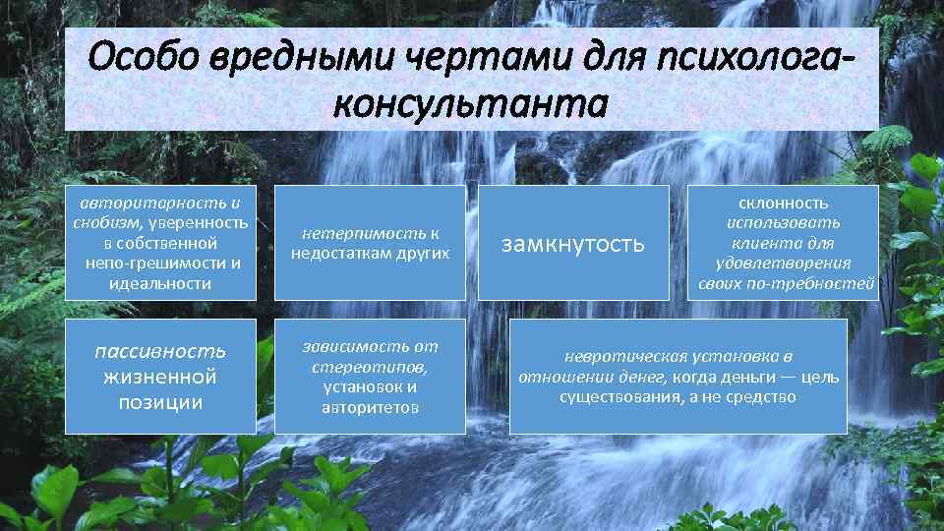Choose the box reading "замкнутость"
572,243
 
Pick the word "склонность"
784,204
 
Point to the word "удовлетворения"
784,264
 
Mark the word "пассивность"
160,352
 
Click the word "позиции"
160,401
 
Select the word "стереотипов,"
370,367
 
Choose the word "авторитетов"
370,407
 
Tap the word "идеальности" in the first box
161,283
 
